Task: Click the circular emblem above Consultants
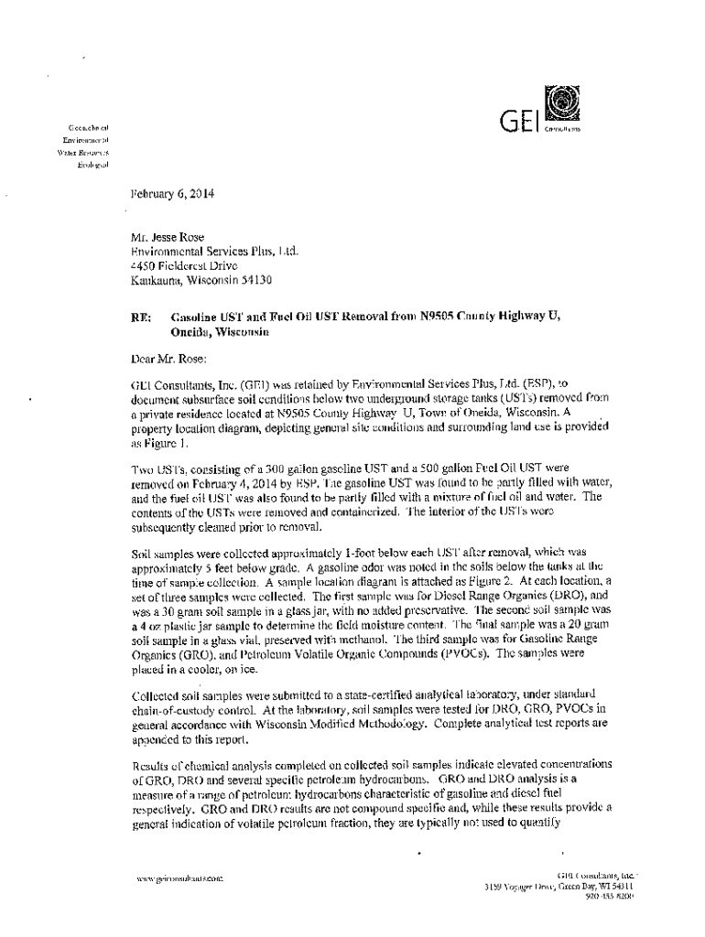[557, 100]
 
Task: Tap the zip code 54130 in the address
[253, 280]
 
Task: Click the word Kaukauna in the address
[157, 280]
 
